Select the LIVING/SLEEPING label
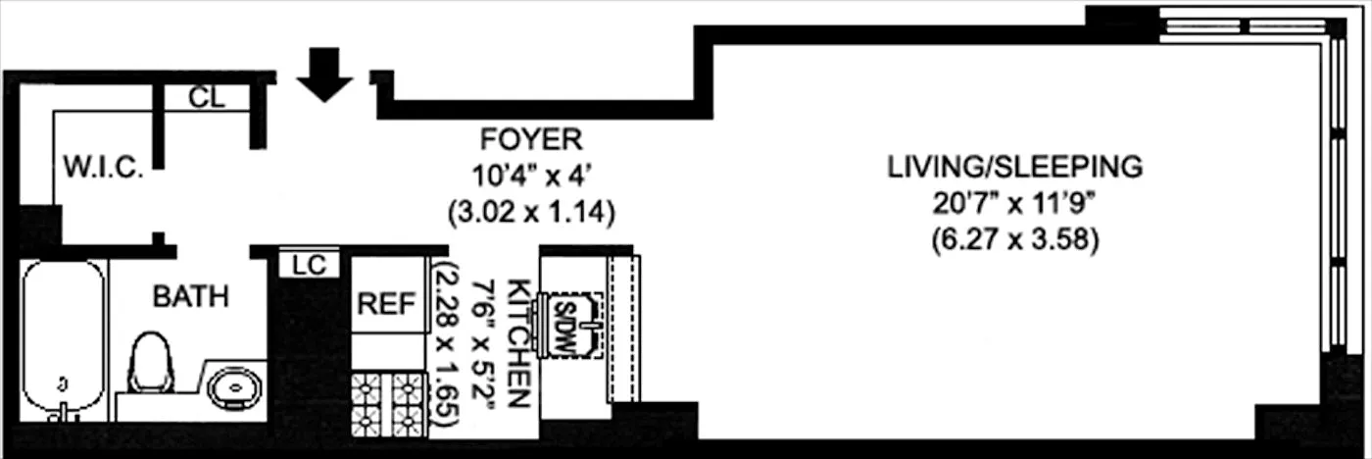click(1014, 167)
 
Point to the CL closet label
click(206, 98)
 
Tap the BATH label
click(190, 295)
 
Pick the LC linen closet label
click(310, 264)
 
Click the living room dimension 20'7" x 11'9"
click(1014, 204)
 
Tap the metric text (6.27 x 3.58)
click(1014, 239)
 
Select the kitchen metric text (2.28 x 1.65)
click(447, 343)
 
